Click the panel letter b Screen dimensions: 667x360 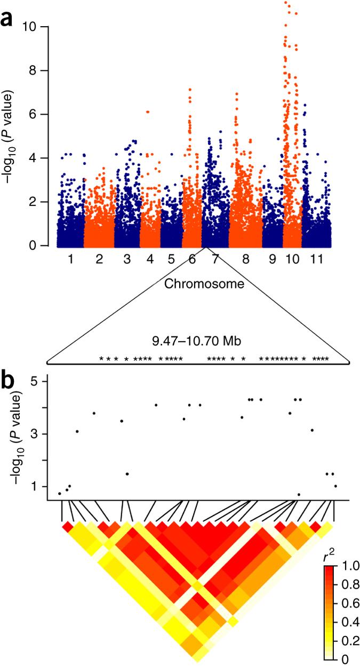(x=9, y=380)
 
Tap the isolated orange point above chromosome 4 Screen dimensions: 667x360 (x=148, y=111)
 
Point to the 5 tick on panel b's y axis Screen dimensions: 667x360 (x=34, y=382)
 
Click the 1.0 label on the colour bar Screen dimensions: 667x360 (x=346, y=565)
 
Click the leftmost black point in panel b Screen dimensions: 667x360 (x=60, y=494)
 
